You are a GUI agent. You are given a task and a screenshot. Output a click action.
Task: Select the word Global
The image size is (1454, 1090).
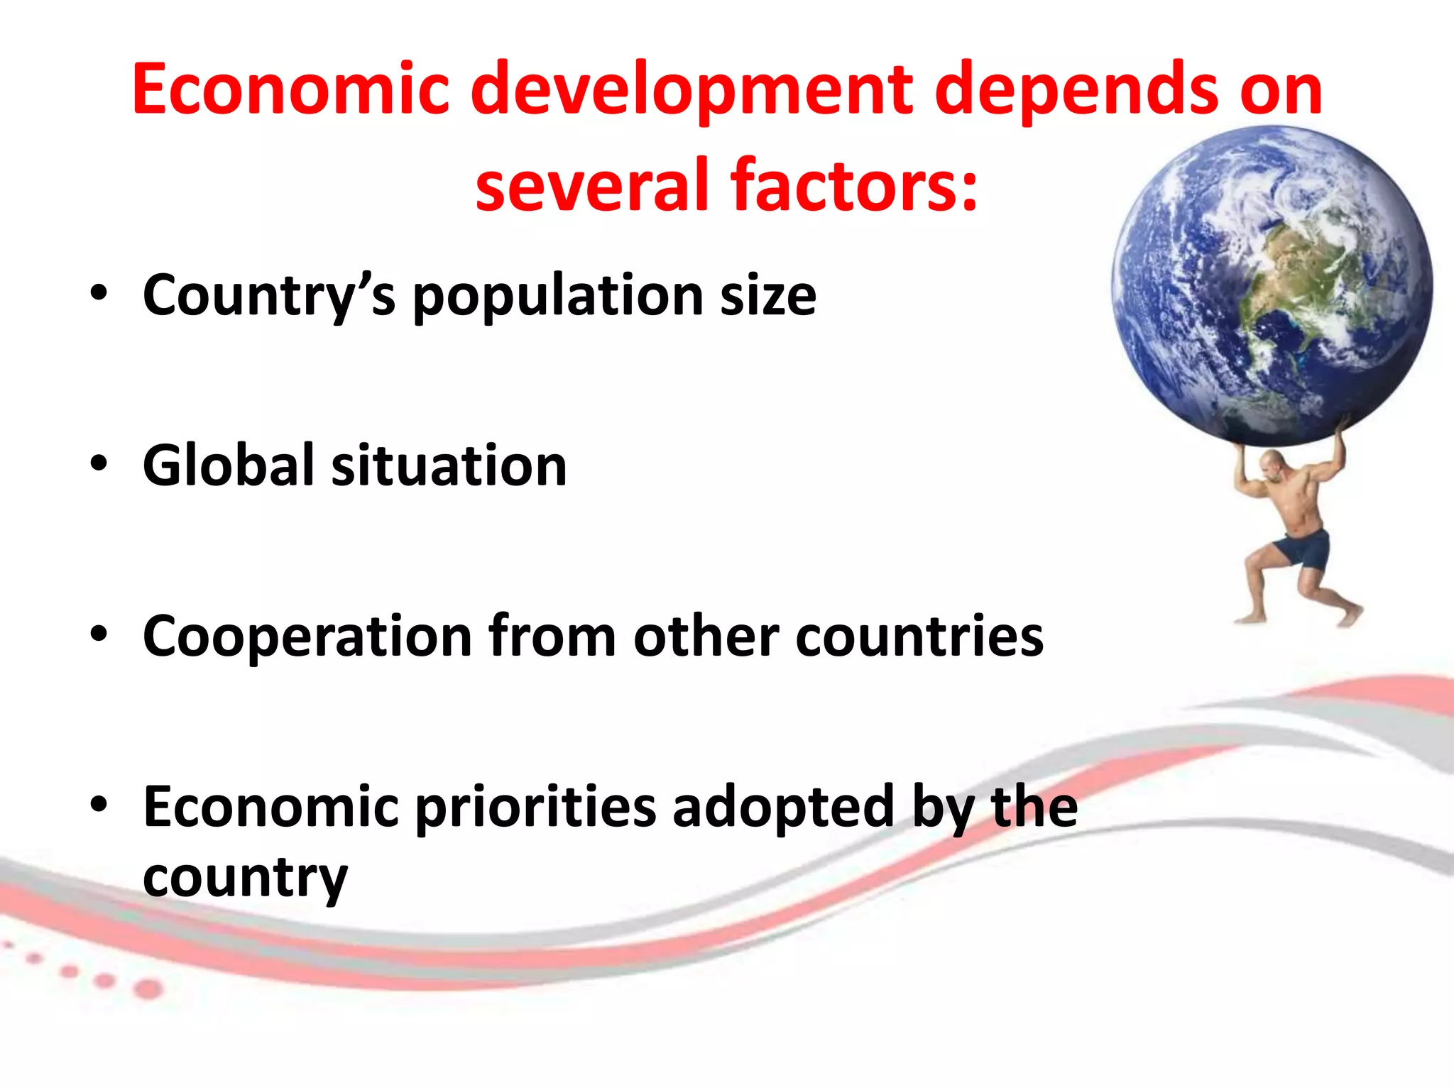click(229, 466)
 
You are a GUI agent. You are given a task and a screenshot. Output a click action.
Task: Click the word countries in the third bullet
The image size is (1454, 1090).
click(919, 636)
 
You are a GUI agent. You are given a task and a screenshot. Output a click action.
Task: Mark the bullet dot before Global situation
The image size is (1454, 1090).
click(99, 463)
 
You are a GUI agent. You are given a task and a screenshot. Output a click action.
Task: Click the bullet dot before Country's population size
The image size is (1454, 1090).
click(99, 292)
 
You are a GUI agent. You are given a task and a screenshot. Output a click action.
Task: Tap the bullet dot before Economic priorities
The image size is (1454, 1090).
click(99, 804)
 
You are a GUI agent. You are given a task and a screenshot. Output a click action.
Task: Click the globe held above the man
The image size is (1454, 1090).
click(1271, 284)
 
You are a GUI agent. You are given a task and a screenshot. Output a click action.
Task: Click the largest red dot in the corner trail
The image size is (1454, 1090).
click(148, 989)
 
